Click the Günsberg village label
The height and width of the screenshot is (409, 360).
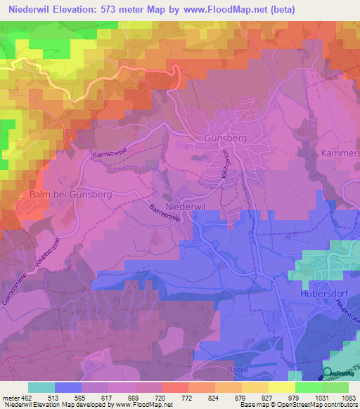point(226,139)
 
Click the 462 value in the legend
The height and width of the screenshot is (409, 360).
point(28,397)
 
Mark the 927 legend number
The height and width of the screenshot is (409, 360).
point(255,397)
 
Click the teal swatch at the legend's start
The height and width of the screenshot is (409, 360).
point(41,387)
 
